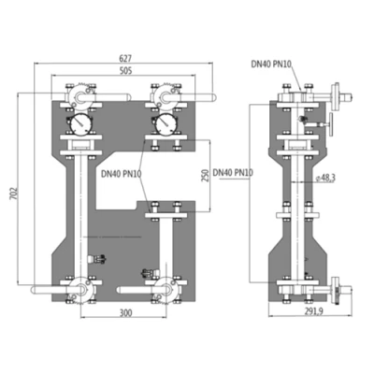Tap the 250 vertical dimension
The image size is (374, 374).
[x=203, y=177]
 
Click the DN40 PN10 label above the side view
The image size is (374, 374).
[x=272, y=65]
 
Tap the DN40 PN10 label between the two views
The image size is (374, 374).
[x=234, y=172]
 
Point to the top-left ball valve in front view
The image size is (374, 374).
[x=77, y=96]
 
